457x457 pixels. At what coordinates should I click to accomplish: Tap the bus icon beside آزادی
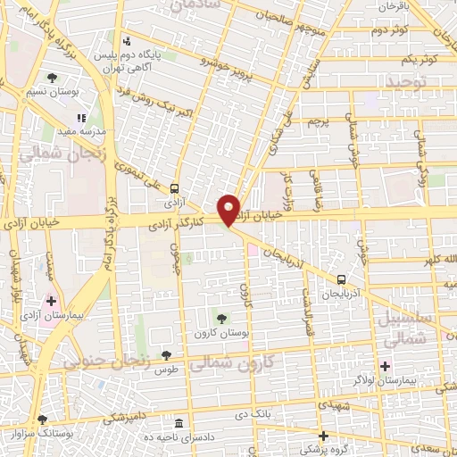[175, 188]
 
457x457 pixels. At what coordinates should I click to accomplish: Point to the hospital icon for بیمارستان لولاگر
[385, 365]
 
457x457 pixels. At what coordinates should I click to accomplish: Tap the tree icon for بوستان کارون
[220, 318]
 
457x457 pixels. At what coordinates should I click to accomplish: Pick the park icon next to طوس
[166, 355]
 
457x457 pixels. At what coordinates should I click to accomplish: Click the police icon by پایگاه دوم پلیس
[128, 40]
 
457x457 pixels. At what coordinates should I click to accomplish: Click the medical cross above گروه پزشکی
[323, 435]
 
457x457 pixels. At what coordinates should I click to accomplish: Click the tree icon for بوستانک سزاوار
[41, 418]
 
